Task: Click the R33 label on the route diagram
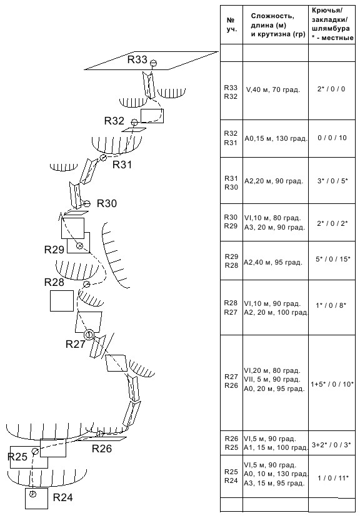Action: coord(137,59)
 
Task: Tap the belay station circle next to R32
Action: coord(134,123)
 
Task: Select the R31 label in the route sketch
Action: coord(122,165)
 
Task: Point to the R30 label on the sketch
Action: coord(107,203)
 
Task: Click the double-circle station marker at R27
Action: coord(89,335)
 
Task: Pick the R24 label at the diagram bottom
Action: coord(63,497)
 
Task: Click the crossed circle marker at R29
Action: coord(79,246)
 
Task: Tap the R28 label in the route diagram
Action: coord(54,282)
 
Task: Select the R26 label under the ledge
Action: coord(102,449)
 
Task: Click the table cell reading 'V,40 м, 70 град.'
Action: coord(273,89)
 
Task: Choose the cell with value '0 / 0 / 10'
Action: coord(332,138)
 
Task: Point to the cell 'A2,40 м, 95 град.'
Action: coord(273,263)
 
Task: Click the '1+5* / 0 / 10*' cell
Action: coord(332,384)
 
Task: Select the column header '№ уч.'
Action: coord(232,25)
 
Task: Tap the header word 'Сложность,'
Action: coord(272,16)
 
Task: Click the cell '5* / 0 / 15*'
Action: coord(332,259)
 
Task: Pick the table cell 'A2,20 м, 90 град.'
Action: coord(274,181)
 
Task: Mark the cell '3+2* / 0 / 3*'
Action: coord(332,445)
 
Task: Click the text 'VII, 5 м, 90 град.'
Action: coord(272,379)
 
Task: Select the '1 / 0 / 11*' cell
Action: coord(332,478)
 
